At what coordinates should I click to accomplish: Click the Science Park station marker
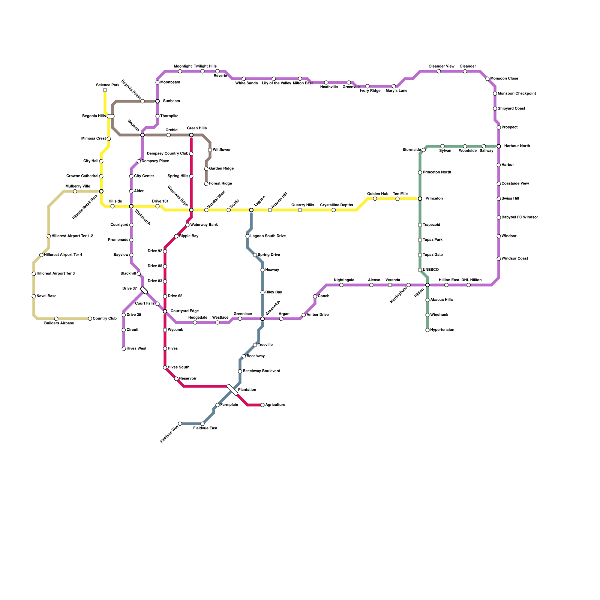point(105,90)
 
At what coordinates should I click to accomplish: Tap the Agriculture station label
point(275,405)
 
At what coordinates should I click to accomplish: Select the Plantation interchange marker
point(232,390)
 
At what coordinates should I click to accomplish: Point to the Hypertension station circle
point(427,330)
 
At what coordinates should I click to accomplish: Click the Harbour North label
point(517,146)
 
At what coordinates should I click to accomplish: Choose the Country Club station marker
point(90,319)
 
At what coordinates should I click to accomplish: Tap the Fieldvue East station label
point(205,428)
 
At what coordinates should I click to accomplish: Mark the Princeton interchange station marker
point(420,199)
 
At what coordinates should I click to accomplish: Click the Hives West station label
point(136,349)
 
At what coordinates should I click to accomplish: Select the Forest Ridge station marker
point(206,184)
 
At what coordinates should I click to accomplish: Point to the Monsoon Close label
point(504,79)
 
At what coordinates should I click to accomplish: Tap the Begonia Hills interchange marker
point(111,116)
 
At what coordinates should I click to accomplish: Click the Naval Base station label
point(46,296)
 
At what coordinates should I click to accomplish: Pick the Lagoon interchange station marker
point(251,210)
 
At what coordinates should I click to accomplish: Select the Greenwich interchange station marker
point(262,319)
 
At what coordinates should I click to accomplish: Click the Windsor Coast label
point(514,259)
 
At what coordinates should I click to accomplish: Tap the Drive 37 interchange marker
point(144,290)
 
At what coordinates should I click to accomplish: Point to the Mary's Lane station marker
point(394,86)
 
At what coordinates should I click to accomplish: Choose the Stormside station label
point(411,150)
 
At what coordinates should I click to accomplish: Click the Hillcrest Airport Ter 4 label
point(63,255)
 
